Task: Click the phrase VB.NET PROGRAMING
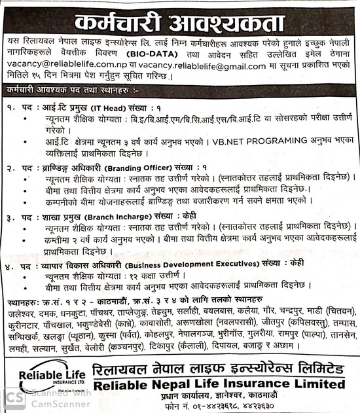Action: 256,139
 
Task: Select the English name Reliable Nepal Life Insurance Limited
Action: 219,384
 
